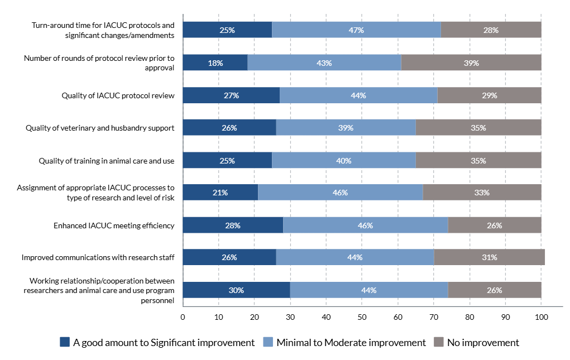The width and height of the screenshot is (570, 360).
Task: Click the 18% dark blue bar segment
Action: pyautogui.click(x=215, y=63)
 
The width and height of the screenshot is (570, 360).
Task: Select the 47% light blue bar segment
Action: pyautogui.click(x=356, y=30)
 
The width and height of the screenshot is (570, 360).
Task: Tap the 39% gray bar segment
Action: pyautogui.click(x=471, y=63)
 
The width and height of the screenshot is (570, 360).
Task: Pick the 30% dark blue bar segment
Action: pyautogui.click(x=236, y=290)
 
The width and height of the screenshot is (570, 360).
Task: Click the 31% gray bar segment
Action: pyautogui.click(x=489, y=257)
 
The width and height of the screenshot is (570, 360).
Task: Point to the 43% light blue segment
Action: pyautogui.click(x=324, y=63)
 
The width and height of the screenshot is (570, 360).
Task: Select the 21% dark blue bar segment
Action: pyautogui.click(x=220, y=193)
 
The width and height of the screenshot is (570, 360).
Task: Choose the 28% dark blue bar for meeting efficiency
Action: pyautogui.click(x=233, y=225)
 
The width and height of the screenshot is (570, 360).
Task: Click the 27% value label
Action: pyautogui.click(x=231, y=95)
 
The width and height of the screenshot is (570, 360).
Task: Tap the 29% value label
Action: pyautogui.click(x=490, y=95)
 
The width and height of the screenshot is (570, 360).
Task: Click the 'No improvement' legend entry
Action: pyautogui.click(x=477, y=342)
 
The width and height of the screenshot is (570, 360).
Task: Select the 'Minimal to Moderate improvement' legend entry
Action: pyautogui.click(x=345, y=342)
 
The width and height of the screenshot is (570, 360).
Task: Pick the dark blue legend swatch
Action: pyautogui.click(x=65, y=342)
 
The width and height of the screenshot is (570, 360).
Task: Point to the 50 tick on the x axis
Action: pyautogui.click(x=362, y=317)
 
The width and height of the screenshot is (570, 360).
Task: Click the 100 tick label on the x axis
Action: pyautogui.click(x=541, y=317)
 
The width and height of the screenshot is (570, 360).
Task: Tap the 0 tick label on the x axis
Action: pyautogui.click(x=183, y=317)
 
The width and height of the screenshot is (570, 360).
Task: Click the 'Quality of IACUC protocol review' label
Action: pyautogui.click(x=118, y=95)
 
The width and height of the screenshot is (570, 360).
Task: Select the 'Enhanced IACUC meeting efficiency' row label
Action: pyautogui.click(x=114, y=225)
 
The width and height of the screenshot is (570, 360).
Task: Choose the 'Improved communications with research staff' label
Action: pyautogui.click(x=98, y=257)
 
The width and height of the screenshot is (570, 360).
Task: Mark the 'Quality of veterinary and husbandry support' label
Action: pyautogui.click(x=100, y=128)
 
